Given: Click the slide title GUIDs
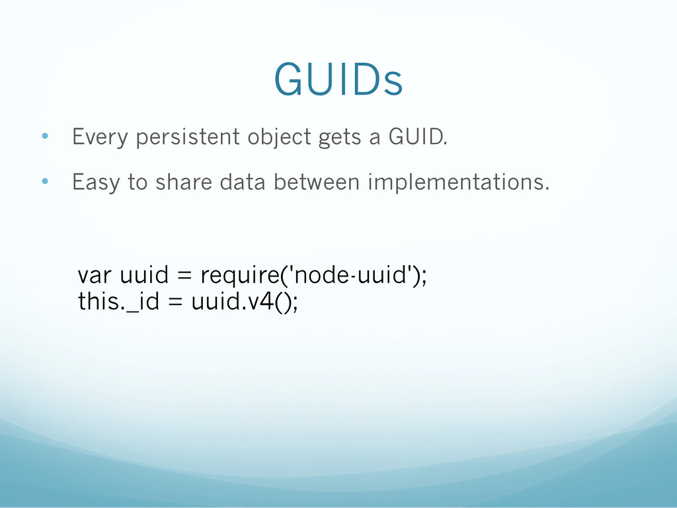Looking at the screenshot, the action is [x=338, y=79].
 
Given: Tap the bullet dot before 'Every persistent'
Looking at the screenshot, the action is [x=45, y=136].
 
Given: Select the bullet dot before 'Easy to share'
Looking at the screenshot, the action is [x=45, y=181].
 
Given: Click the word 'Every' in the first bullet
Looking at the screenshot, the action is [x=100, y=138].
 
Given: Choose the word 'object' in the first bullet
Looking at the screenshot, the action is [x=279, y=138].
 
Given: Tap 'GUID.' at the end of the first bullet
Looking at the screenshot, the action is [x=418, y=136].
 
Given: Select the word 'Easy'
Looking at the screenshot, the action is [x=96, y=183].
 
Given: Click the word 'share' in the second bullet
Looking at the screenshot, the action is [x=184, y=181].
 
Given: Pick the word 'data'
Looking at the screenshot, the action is [x=242, y=181].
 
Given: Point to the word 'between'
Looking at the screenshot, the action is [x=317, y=181].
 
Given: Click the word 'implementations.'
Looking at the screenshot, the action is [x=459, y=183].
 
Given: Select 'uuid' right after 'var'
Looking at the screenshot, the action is [x=144, y=275].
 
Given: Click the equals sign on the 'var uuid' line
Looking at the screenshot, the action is [x=184, y=275].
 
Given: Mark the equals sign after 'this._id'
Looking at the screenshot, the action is [x=175, y=302].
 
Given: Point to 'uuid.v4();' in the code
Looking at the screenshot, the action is [x=245, y=301].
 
